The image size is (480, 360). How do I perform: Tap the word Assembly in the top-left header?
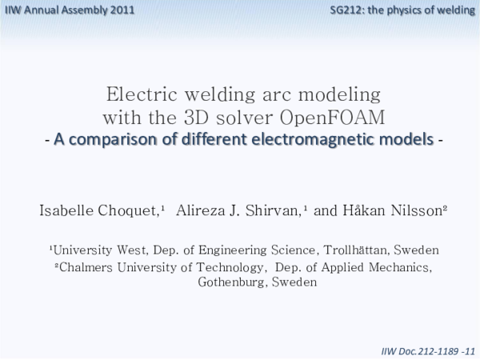84,10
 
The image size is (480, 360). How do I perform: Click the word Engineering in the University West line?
226,250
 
